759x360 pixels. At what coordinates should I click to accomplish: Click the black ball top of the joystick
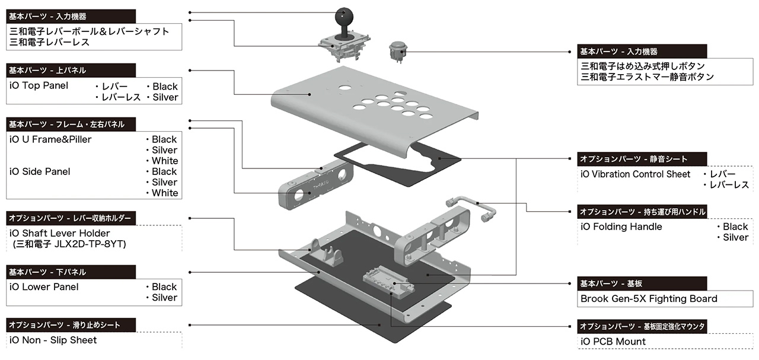point(345,14)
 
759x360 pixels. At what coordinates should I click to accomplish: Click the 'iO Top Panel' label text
point(39,85)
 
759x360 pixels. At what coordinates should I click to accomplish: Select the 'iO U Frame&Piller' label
point(50,139)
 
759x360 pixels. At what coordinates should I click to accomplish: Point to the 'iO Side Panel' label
point(40,171)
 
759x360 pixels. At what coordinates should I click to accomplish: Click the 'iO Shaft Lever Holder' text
point(60,233)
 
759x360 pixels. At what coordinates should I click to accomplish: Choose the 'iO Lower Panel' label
point(44,287)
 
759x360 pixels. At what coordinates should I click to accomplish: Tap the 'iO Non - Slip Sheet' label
point(53,340)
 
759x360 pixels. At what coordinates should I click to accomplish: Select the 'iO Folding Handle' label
point(621,227)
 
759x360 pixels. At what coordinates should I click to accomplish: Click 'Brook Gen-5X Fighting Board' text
point(649,299)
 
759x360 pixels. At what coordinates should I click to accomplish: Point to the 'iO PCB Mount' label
point(613,342)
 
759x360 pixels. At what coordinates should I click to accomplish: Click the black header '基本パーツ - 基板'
point(618,283)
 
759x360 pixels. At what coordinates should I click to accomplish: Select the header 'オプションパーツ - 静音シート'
point(633,159)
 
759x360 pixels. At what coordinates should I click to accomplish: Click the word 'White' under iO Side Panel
point(165,193)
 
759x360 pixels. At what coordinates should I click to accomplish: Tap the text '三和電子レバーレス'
point(50,42)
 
